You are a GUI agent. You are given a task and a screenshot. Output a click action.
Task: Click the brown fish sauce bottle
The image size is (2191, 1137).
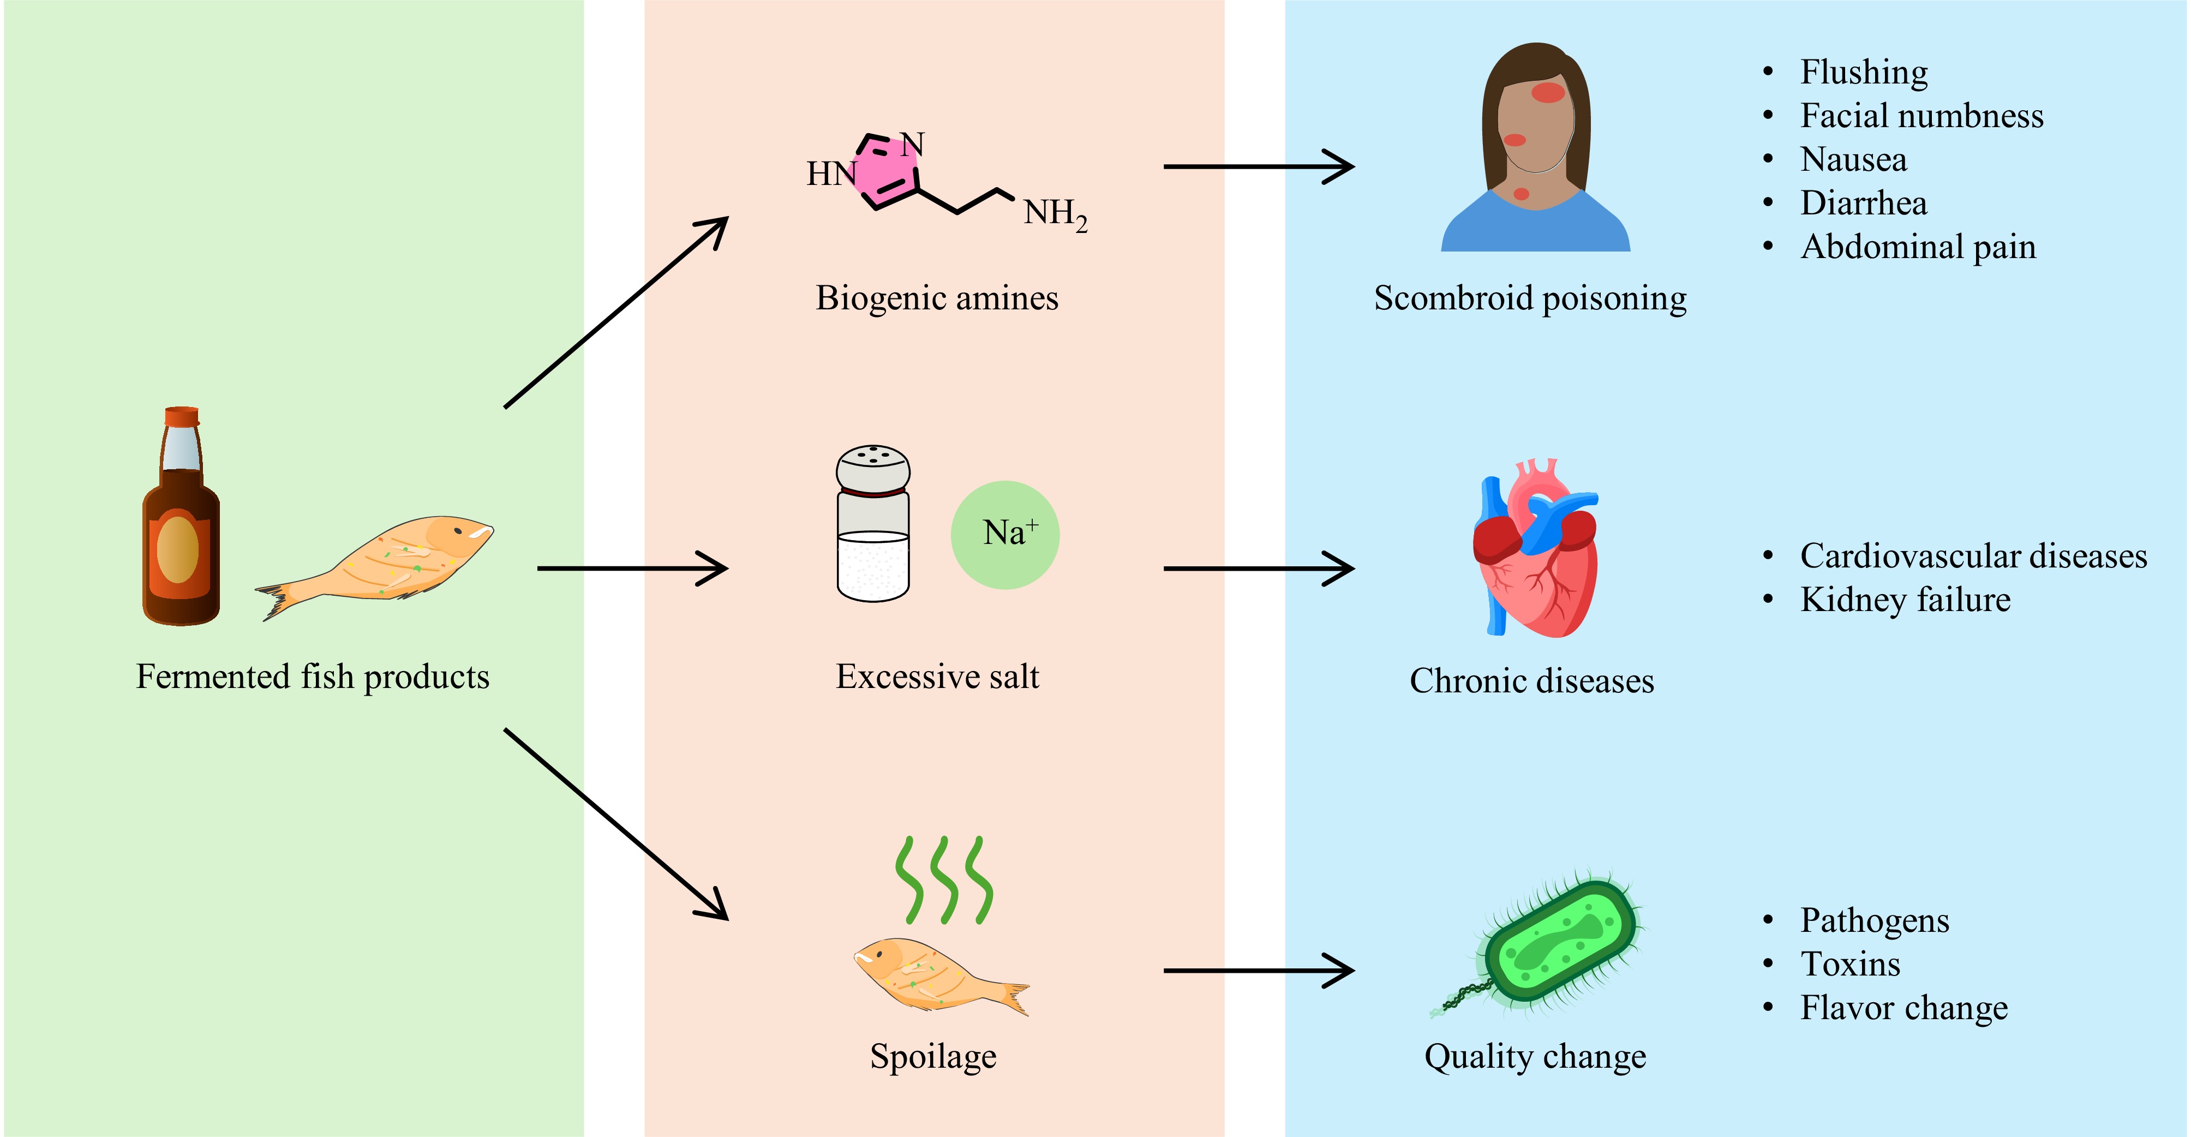181,544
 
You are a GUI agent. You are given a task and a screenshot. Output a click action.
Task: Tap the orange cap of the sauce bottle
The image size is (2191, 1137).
182,416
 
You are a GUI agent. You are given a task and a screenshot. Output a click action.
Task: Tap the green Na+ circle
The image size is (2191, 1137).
1004,535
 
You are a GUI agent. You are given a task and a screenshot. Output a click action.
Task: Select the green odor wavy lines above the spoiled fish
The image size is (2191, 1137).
943,880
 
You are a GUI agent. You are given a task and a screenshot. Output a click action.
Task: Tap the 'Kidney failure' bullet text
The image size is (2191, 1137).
1905,600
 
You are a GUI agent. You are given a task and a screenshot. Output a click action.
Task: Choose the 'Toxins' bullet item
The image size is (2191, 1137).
1850,965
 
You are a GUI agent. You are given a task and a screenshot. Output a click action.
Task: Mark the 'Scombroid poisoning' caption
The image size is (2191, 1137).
1530,298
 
